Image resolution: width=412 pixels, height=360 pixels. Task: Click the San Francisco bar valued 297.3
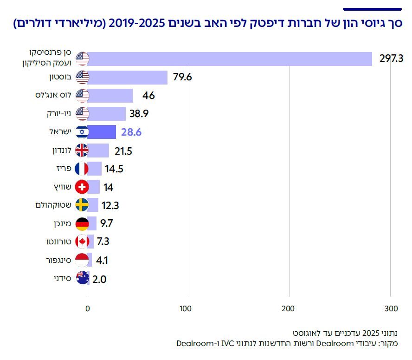(230, 59)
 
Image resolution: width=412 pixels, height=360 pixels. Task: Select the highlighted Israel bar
(102, 132)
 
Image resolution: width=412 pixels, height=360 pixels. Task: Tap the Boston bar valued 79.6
(127, 77)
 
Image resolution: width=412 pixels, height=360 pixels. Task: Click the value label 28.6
(131, 132)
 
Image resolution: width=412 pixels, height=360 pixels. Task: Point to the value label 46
(148, 96)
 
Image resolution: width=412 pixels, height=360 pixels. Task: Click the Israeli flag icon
(82, 132)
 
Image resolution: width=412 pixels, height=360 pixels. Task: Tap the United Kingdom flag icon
(82, 151)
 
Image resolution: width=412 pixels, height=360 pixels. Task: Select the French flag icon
(82, 169)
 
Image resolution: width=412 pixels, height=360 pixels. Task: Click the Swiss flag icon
(82, 187)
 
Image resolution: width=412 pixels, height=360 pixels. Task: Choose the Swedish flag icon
(82, 205)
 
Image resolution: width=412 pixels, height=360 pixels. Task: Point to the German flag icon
(82, 224)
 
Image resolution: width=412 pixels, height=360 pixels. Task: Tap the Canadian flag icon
(82, 242)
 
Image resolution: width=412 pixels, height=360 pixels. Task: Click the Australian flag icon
(82, 278)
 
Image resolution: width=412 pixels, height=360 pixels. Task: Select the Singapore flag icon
(82, 260)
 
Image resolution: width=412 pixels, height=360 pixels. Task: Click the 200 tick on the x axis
(289, 308)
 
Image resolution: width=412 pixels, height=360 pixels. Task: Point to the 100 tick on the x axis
(188, 308)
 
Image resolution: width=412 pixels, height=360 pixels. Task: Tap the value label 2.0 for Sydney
(100, 279)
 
